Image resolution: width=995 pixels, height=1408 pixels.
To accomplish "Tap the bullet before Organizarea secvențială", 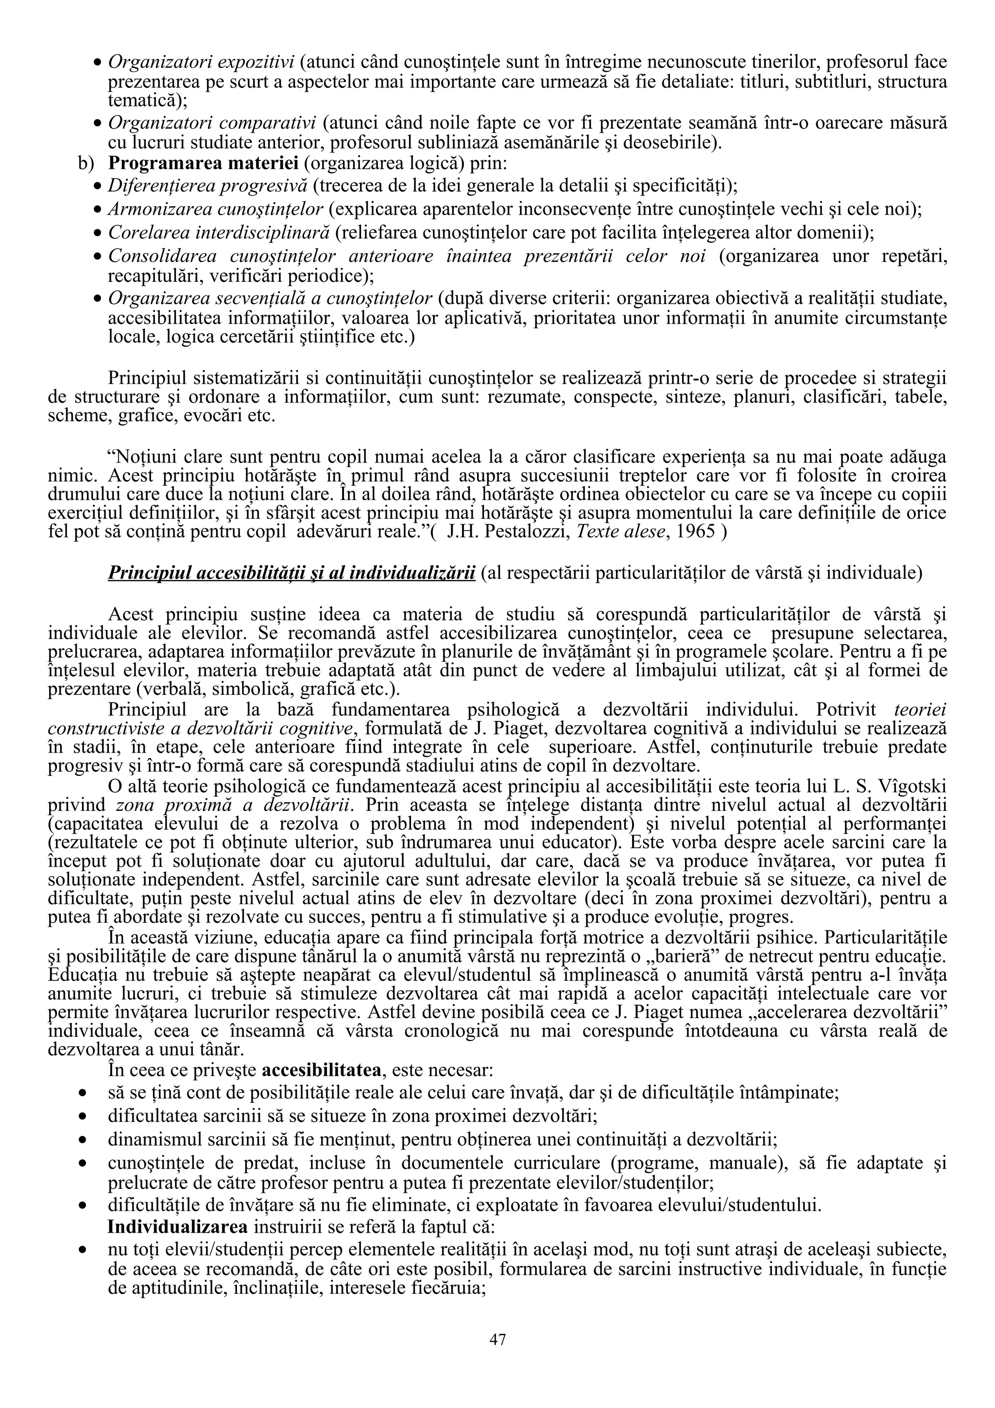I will click(97, 299).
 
